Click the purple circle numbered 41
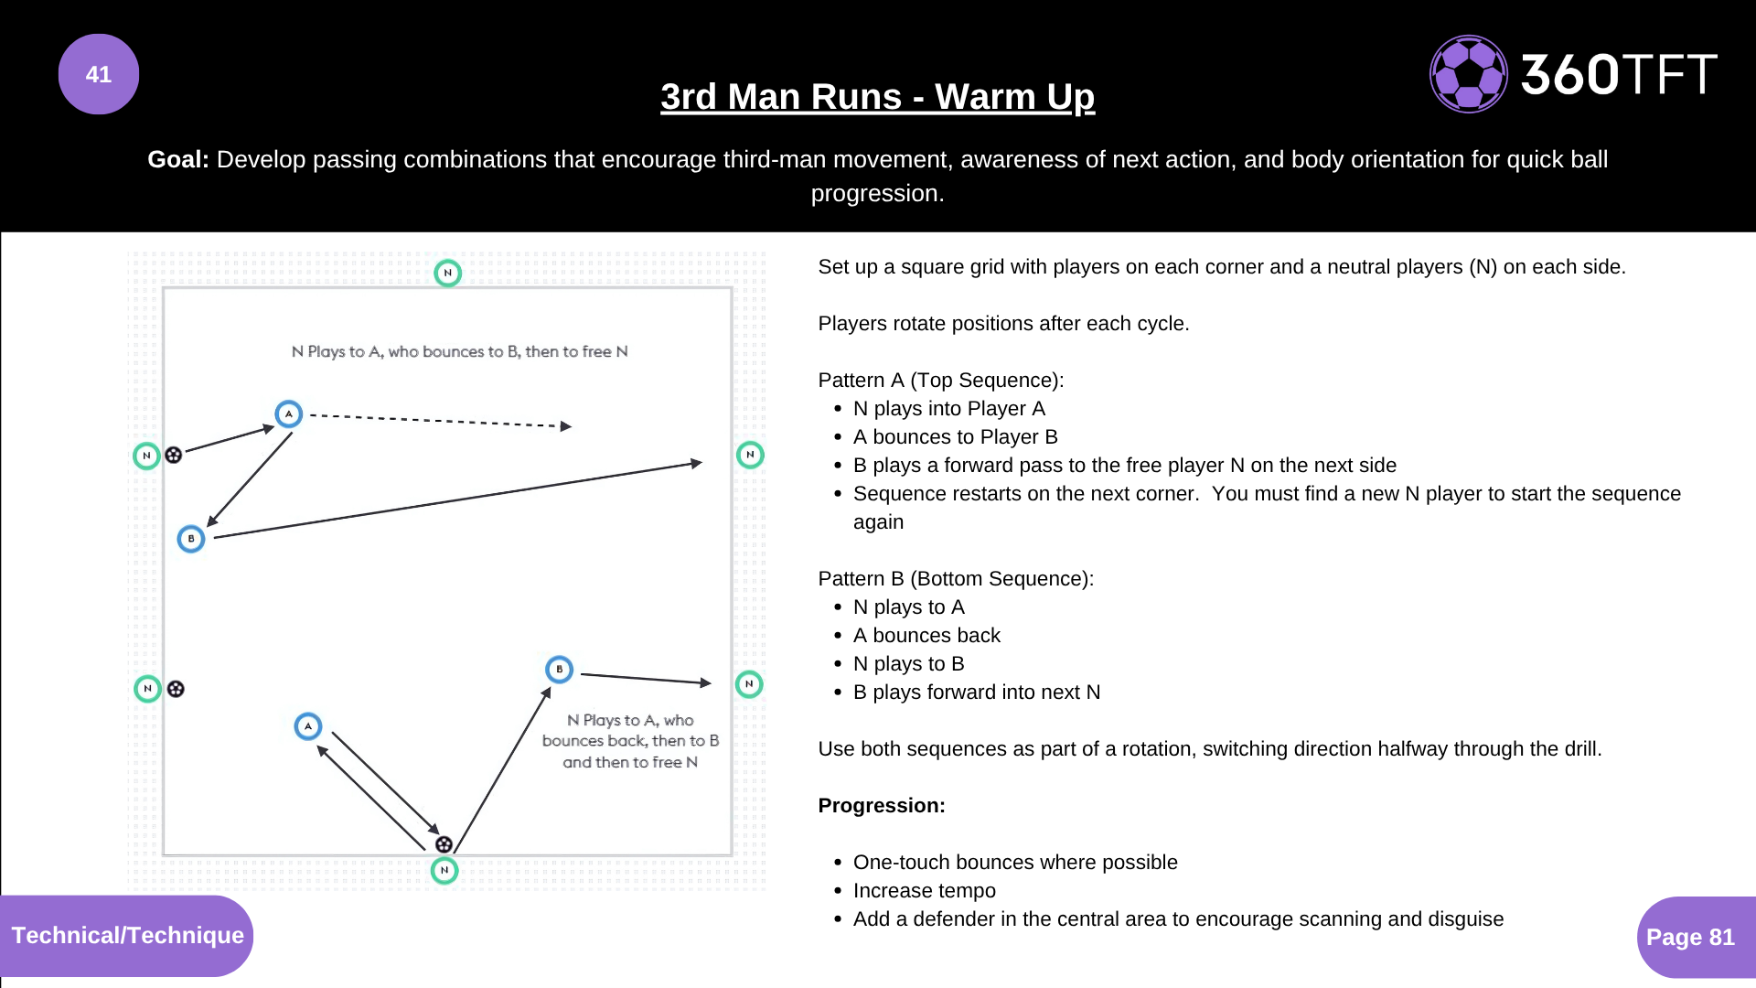tap(99, 74)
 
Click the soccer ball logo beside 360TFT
tap(1468, 74)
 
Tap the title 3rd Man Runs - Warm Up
tap(877, 97)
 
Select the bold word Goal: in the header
tap(178, 159)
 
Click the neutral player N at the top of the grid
tap(447, 273)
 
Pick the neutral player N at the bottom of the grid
tap(444, 870)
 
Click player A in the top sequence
tap(289, 413)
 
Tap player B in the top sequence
tap(190, 539)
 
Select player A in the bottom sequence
tap(308, 726)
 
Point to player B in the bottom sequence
tap(559, 670)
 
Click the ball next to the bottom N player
tap(444, 844)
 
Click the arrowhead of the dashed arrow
tap(566, 426)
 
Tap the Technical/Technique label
tap(127, 935)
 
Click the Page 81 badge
tap(1690, 937)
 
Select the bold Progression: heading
tap(882, 805)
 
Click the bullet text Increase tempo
tap(924, 890)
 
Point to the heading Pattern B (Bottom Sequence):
tap(956, 578)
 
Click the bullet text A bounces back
tap(926, 635)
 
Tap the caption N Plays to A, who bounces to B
tap(459, 351)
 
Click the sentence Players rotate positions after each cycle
tap(1003, 323)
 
